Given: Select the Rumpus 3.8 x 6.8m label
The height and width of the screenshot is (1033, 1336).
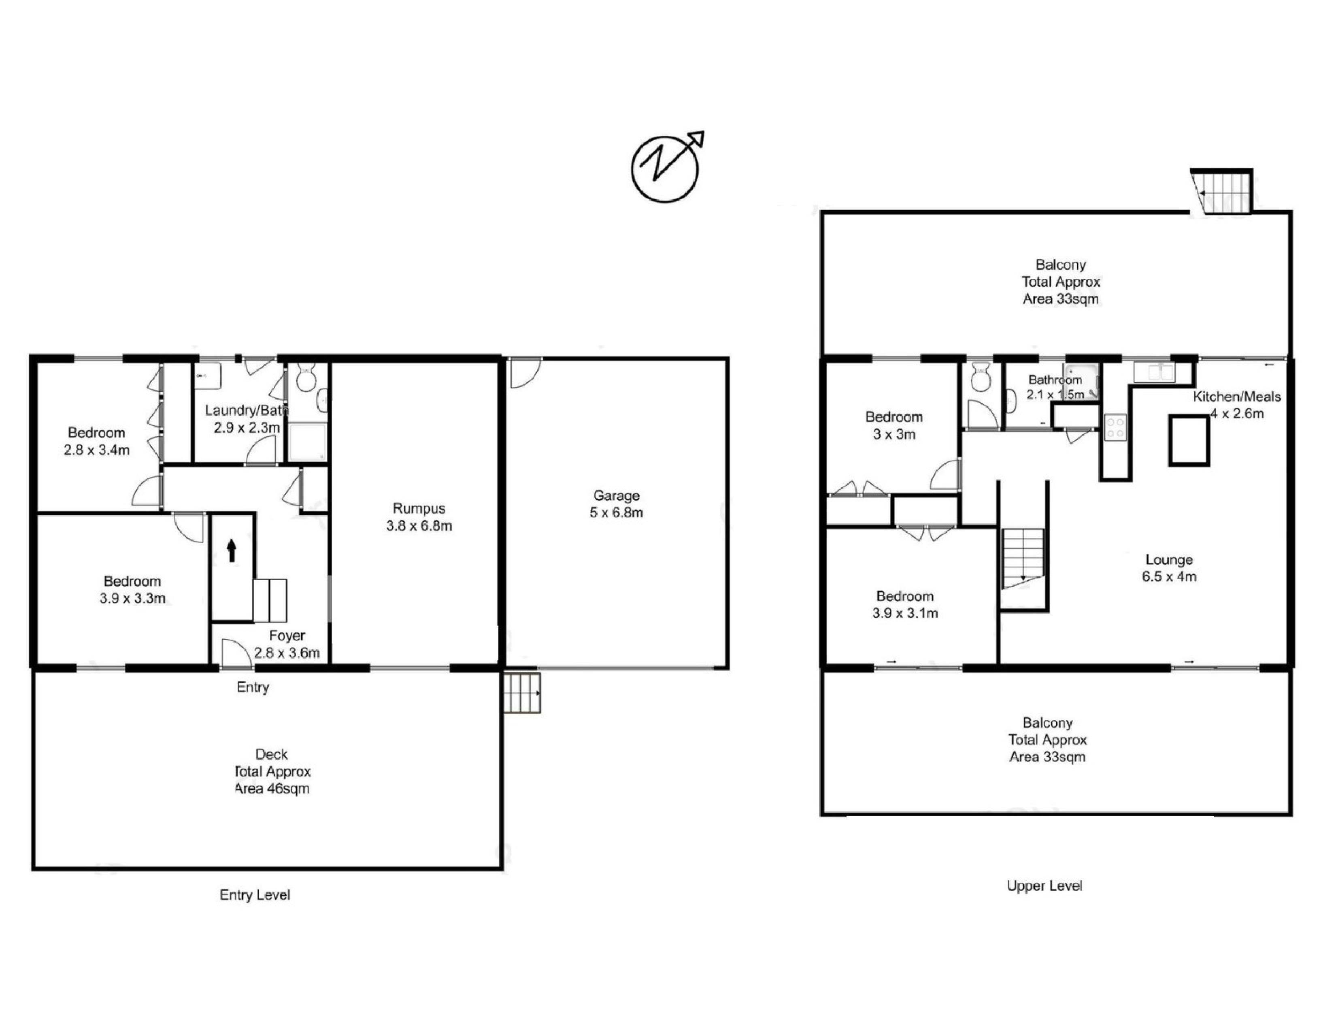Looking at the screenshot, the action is coord(419,516).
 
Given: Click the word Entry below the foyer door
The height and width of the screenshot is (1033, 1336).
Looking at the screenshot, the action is coord(253,687).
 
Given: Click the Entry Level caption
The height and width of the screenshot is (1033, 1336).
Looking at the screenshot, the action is coord(255,895).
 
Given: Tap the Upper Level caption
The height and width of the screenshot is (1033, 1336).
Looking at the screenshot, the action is coord(1045,886).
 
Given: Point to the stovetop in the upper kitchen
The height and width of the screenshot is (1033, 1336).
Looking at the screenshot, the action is coord(1115,427).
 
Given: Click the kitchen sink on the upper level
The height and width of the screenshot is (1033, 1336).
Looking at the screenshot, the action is coord(1154,372).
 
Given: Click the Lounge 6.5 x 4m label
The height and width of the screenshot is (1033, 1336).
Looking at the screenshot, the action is coord(1169,568).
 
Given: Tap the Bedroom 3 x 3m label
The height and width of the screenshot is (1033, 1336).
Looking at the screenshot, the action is coord(894,425).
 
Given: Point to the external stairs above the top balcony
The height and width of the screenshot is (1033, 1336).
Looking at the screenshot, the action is coord(1221,192).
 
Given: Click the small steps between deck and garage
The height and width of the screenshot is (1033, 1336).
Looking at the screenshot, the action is coord(522,693).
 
